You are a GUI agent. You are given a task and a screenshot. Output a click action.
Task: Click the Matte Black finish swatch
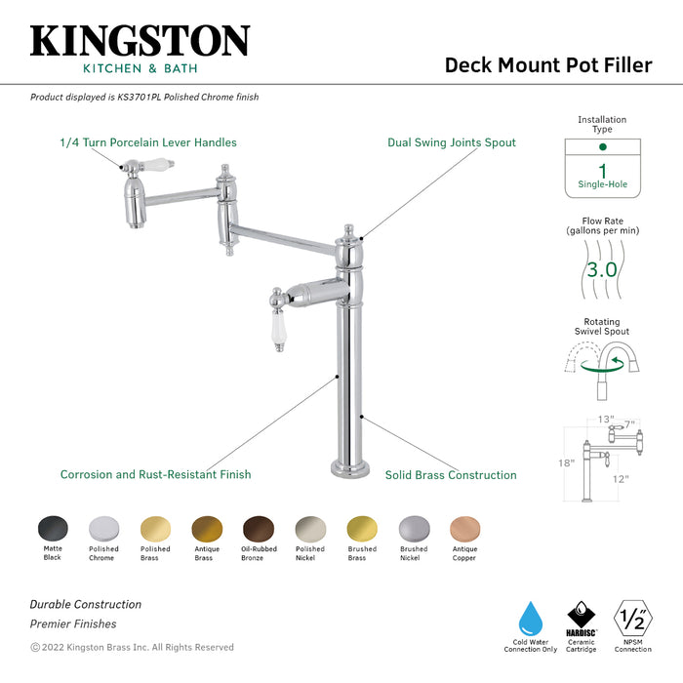point(52,530)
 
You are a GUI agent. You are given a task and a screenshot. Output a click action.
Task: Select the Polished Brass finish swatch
point(155,530)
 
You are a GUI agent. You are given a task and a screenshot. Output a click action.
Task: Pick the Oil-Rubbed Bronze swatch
point(259,530)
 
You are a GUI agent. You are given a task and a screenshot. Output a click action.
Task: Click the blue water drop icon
point(531,618)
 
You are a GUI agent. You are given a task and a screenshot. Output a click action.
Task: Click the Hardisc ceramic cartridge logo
point(582,618)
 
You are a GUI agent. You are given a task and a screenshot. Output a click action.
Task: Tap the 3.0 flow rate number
point(602,268)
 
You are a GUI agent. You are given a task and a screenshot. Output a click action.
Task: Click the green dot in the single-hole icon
point(602,146)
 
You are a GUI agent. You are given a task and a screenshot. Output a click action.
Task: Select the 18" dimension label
point(567,462)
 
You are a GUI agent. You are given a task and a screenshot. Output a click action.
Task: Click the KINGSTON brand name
point(140,41)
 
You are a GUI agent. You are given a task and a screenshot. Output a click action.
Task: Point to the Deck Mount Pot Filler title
point(548,64)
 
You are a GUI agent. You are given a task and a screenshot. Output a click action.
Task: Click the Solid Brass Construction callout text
point(451,475)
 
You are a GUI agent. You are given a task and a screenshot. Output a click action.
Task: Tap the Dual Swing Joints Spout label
point(452,142)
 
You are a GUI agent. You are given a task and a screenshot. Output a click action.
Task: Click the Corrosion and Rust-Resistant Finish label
point(155,475)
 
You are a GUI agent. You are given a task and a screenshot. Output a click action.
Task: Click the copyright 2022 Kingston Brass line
point(132,647)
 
